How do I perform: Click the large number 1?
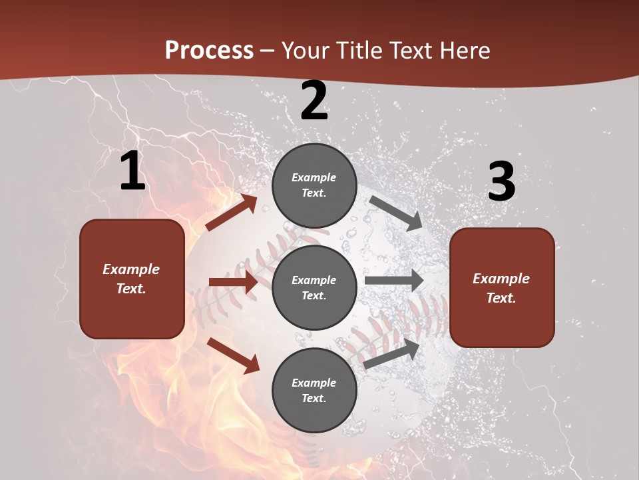[x=132, y=171]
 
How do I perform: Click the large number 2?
[x=314, y=101]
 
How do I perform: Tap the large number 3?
[x=501, y=181]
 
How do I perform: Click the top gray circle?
[x=314, y=185]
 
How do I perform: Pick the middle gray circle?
[x=314, y=287]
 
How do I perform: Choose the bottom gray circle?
[x=314, y=390]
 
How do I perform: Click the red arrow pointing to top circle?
[x=232, y=213]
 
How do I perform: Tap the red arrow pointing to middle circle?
[x=233, y=282]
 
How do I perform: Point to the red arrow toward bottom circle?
[x=234, y=355]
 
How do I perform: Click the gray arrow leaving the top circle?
[x=396, y=213]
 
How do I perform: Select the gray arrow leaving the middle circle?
[x=393, y=281]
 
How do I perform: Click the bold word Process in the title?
[x=209, y=50]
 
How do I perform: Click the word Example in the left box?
[x=131, y=269]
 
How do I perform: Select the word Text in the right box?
[x=501, y=298]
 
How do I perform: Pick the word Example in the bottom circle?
[x=314, y=383]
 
